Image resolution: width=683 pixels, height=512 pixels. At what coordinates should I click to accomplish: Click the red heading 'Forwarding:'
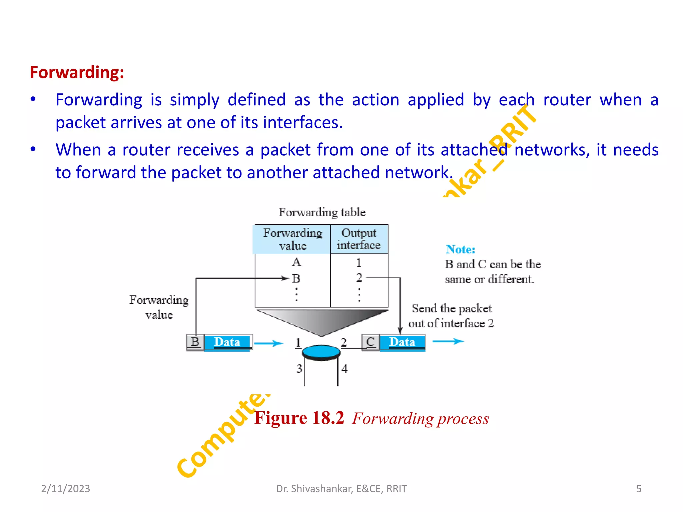[x=77, y=72]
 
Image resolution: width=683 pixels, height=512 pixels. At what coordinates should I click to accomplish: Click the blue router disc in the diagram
[x=321, y=352]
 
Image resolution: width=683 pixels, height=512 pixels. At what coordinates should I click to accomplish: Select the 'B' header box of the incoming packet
[x=195, y=342]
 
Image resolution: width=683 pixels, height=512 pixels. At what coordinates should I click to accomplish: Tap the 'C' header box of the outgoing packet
[x=371, y=342]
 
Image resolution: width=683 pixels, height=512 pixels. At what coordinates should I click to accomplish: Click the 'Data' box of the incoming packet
[x=227, y=342]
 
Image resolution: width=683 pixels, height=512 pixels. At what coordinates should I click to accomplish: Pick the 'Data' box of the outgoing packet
[x=402, y=342]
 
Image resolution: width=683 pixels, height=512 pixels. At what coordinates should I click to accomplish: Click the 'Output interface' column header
[x=359, y=239]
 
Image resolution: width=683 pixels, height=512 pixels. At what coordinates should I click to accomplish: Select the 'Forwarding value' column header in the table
[x=292, y=239]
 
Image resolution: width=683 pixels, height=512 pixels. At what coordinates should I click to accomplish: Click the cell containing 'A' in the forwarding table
[x=296, y=262]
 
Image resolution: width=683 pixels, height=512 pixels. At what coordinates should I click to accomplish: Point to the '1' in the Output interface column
[x=359, y=263]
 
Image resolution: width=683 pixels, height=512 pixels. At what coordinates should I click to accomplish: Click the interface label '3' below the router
[x=299, y=369]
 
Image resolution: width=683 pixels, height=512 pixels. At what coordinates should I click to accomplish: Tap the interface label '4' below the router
[x=345, y=369]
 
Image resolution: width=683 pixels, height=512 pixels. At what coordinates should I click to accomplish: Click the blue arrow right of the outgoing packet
[x=448, y=341]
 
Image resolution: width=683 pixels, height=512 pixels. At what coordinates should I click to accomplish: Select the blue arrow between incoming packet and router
[x=268, y=343]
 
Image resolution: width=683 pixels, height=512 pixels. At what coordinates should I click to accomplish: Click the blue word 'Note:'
[x=460, y=249]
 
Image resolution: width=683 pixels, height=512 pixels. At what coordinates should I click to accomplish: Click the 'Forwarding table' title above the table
[x=322, y=212]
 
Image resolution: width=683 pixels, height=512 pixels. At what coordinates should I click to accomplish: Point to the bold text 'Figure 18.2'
[x=299, y=418]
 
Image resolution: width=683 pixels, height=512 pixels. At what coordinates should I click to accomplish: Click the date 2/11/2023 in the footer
[x=65, y=488]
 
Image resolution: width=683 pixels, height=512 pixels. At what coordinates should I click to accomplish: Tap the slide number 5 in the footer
[x=639, y=488]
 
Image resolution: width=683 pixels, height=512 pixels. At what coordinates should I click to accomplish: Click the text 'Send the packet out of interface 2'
[x=451, y=316]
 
